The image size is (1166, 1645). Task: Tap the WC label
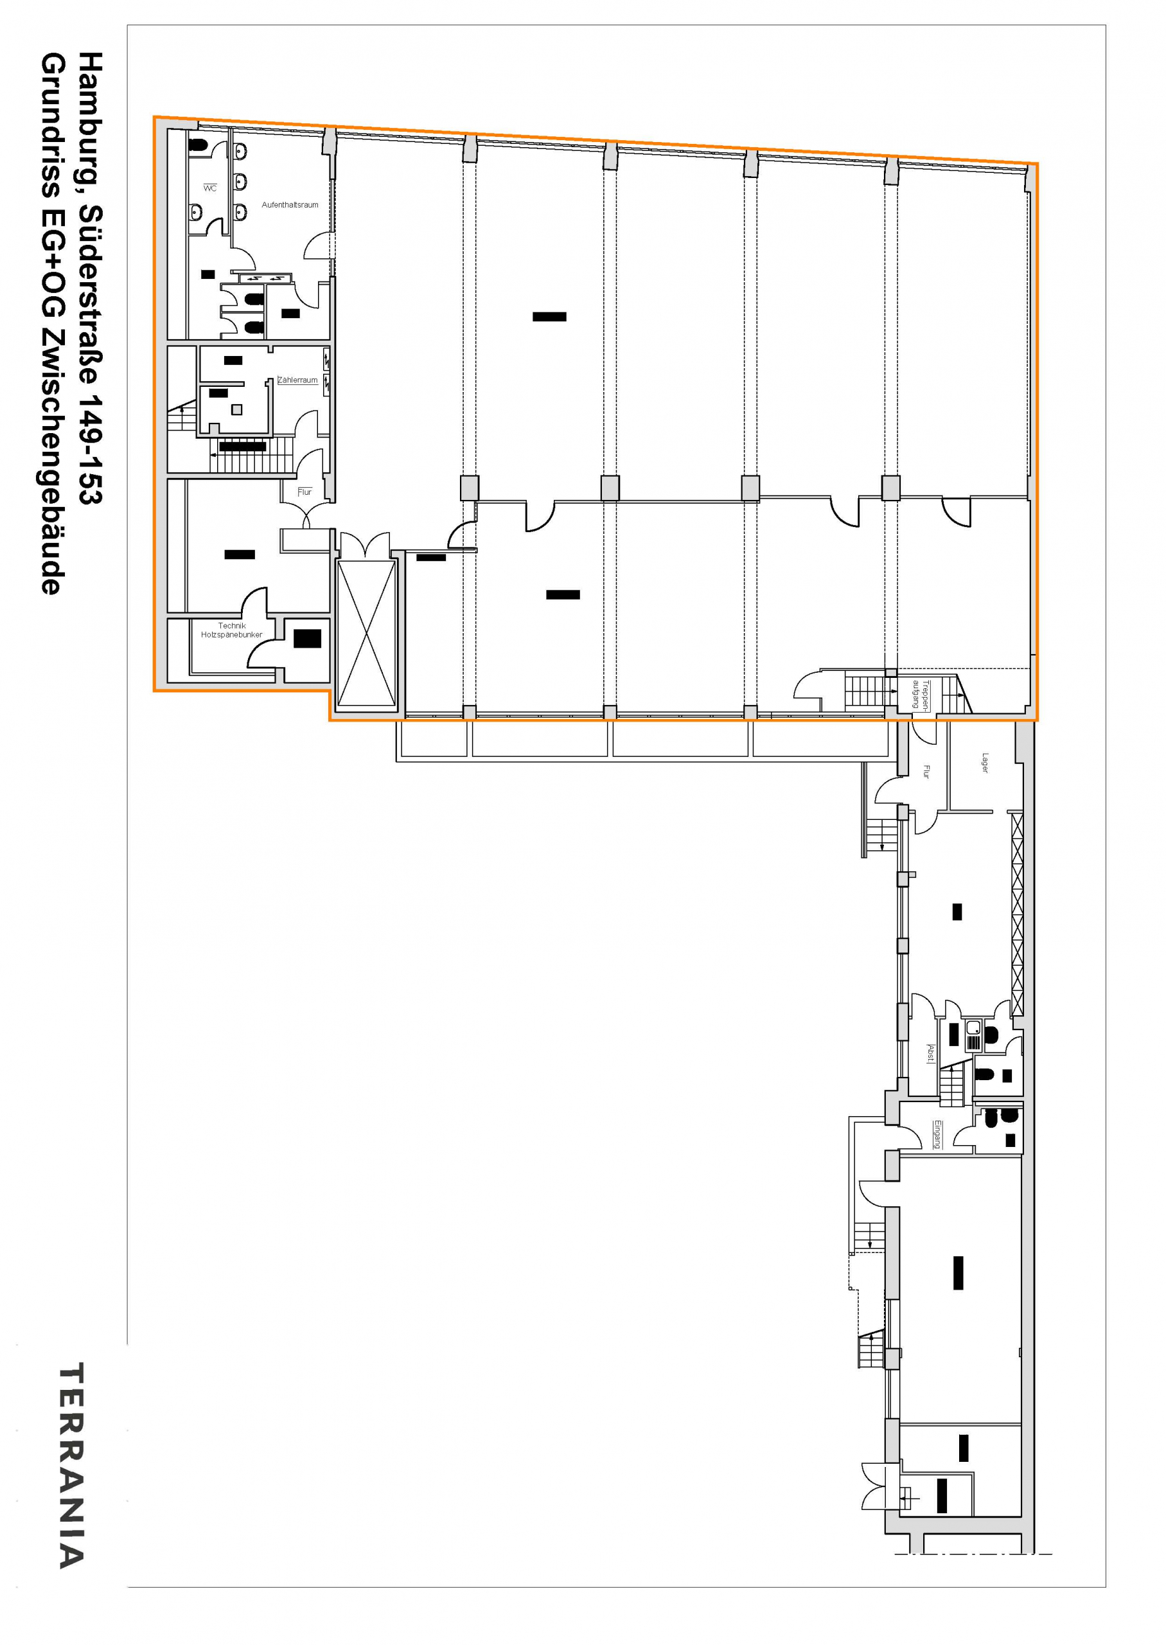coord(209,188)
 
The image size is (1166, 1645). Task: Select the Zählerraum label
coord(297,380)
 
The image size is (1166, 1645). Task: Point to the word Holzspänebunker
coord(231,635)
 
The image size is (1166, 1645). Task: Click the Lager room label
coord(985,763)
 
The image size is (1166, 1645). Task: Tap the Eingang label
coord(937,1135)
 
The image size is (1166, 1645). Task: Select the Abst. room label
coord(930,1053)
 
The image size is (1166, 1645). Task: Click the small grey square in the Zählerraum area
coord(237,409)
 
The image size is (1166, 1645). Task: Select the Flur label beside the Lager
coord(926,772)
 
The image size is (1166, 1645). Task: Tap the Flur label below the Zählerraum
coord(305,492)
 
